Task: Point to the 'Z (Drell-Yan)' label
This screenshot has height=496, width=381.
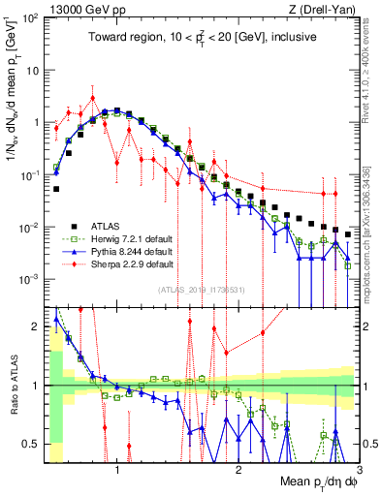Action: (x=325, y=9)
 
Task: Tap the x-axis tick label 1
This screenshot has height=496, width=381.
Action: (x=117, y=470)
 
